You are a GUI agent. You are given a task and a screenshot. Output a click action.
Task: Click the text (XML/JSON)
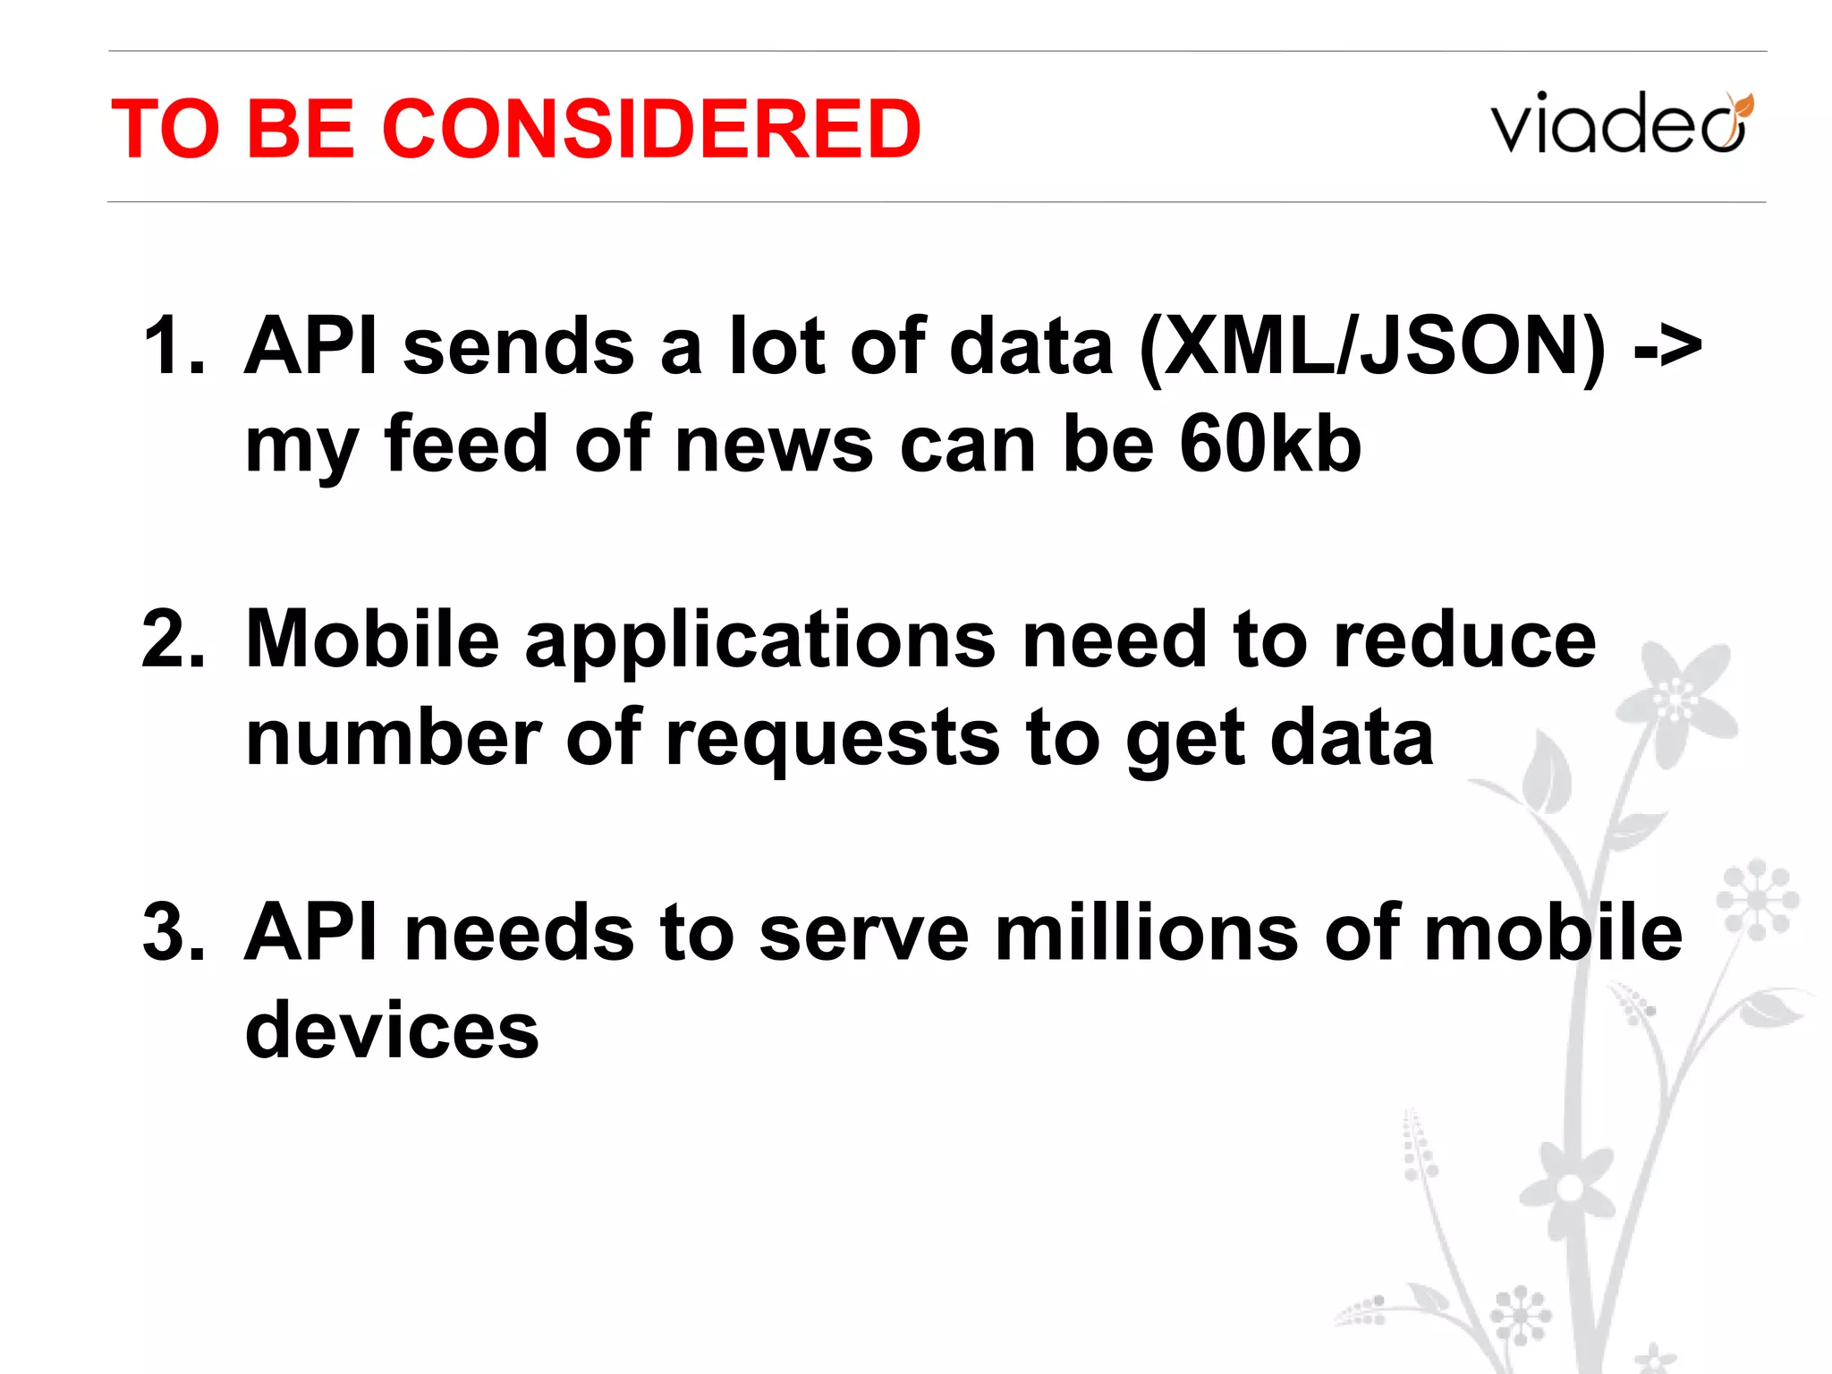coord(1372,346)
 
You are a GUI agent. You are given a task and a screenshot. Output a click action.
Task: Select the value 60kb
coord(1270,445)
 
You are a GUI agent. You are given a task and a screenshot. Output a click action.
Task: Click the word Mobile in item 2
coord(372,640)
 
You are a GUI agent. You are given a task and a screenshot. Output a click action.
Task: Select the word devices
coord(392,1030)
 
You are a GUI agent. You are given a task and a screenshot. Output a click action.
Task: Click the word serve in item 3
coord(864,933)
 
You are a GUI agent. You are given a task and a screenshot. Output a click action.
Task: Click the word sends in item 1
coord(519,346)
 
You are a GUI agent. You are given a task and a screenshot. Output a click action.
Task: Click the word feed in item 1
coord(465,445)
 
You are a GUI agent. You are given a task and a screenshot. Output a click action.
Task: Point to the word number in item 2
coord(394,738)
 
